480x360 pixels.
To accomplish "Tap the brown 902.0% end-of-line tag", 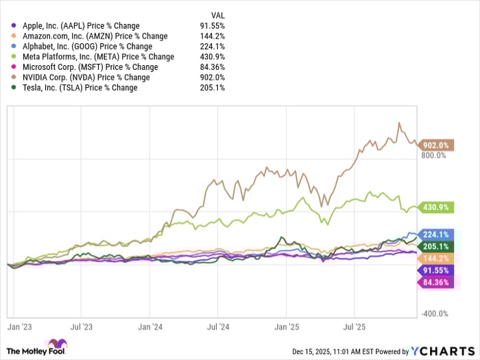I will click(434, 145).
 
